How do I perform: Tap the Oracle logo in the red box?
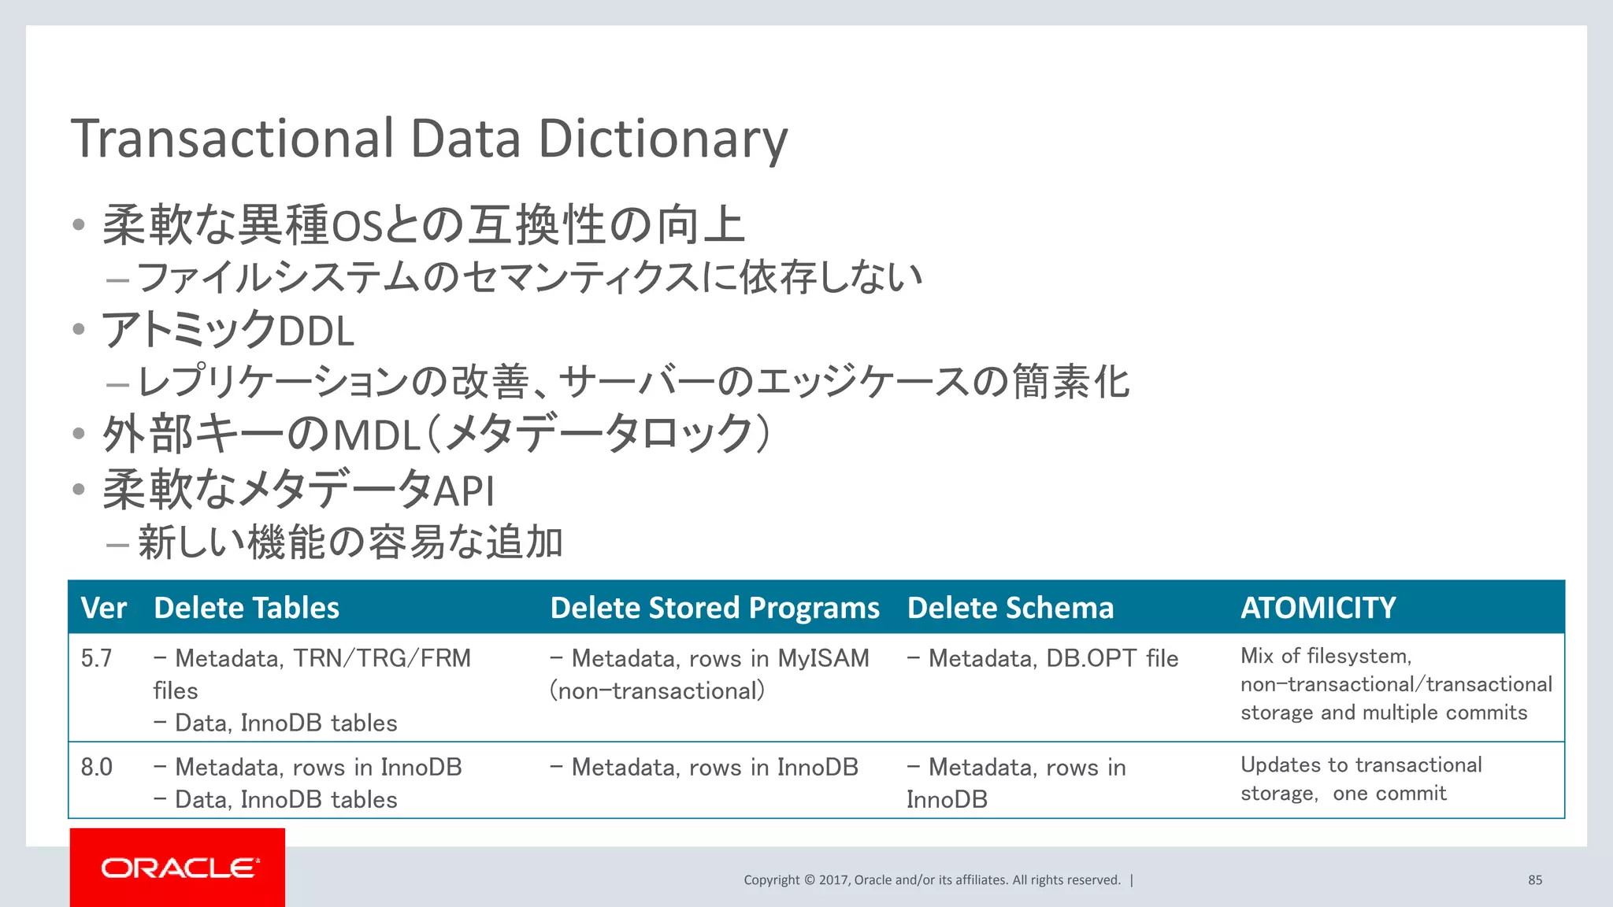pyautogui.click(x=180, y=868)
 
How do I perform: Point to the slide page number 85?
pyautogui.click(x=1535, y=880)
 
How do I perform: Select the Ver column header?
pyautogui.click(x=103, y=608)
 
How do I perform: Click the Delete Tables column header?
pyautogui.click(x=247, y=608)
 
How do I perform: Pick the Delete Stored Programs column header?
pyautogui.click(x=714, y=608)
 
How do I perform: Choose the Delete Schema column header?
pyautogui.click(x=1010, y=608)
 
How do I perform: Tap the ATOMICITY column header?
pyautogui.click(x=1318, y=608)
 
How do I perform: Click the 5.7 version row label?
pyautogui.click(x=97, y=658)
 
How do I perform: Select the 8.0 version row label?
pyautogui.click(x=97, y=767)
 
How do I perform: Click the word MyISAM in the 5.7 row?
pyautogui.click(x=823, y=658)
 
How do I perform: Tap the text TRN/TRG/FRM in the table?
pyautogui.click(x=382, y=658)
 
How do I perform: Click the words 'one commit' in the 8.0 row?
pyautogui.click(x=1389, y=794)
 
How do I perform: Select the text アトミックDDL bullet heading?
pyautogui.click(x=228, y=330)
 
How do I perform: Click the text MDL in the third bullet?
pyautogui.click(x=376, y=435)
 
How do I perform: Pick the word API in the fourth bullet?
pyautogui.click(x=465, y=491)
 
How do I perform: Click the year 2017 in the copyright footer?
pyautogui.click(x=833, y=880)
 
